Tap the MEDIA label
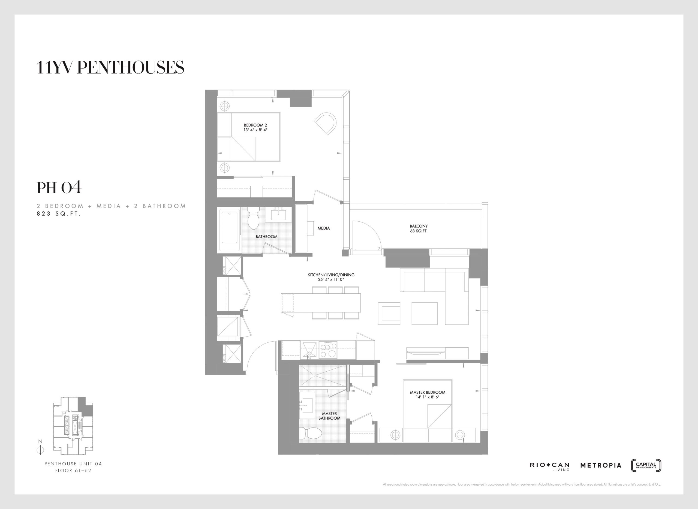click(324, 228)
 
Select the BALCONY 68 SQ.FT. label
click(419, 228)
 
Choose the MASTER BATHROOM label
click(329, 416)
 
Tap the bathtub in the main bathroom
click(230, 230)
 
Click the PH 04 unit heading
click(59, 187)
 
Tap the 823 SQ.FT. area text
click(59, 213)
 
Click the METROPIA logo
click(601, 465)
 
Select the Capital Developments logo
click(646, 465)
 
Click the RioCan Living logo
click(549, 466)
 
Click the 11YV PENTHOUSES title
click(110, 68)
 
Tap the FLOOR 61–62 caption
click(73, 471)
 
